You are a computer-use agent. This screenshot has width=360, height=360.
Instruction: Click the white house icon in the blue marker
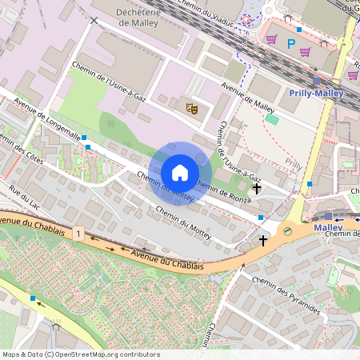pyautogui.click(x=180, y=172)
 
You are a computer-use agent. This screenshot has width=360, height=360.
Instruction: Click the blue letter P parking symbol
pyautogui.click(x=291, y=44)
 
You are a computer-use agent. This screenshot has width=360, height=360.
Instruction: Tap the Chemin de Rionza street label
pyautogui.click(x=224, y=193)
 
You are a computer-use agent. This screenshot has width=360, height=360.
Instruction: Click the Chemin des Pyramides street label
pyautogui.click(x=286, y=297)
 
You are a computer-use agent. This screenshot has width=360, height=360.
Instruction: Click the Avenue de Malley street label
pyautogui.click(x=249, y=98)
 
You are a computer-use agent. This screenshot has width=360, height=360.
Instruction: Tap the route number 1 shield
pyautogui.click(x=78, y=234)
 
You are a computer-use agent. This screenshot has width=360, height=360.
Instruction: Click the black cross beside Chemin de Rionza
pyautogui.click(x=257, y=189)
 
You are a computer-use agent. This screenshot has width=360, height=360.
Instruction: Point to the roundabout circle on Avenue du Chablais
pyautogui.click(x=287, y=230)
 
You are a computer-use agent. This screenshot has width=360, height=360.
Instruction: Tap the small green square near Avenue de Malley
pyautogui.click(x=272, y=119)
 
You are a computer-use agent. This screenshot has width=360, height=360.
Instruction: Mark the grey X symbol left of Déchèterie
pyautogui.click(x=95, y=20)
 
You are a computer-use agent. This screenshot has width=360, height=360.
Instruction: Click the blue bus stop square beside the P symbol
pyautogui.click(x=299, y=30)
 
